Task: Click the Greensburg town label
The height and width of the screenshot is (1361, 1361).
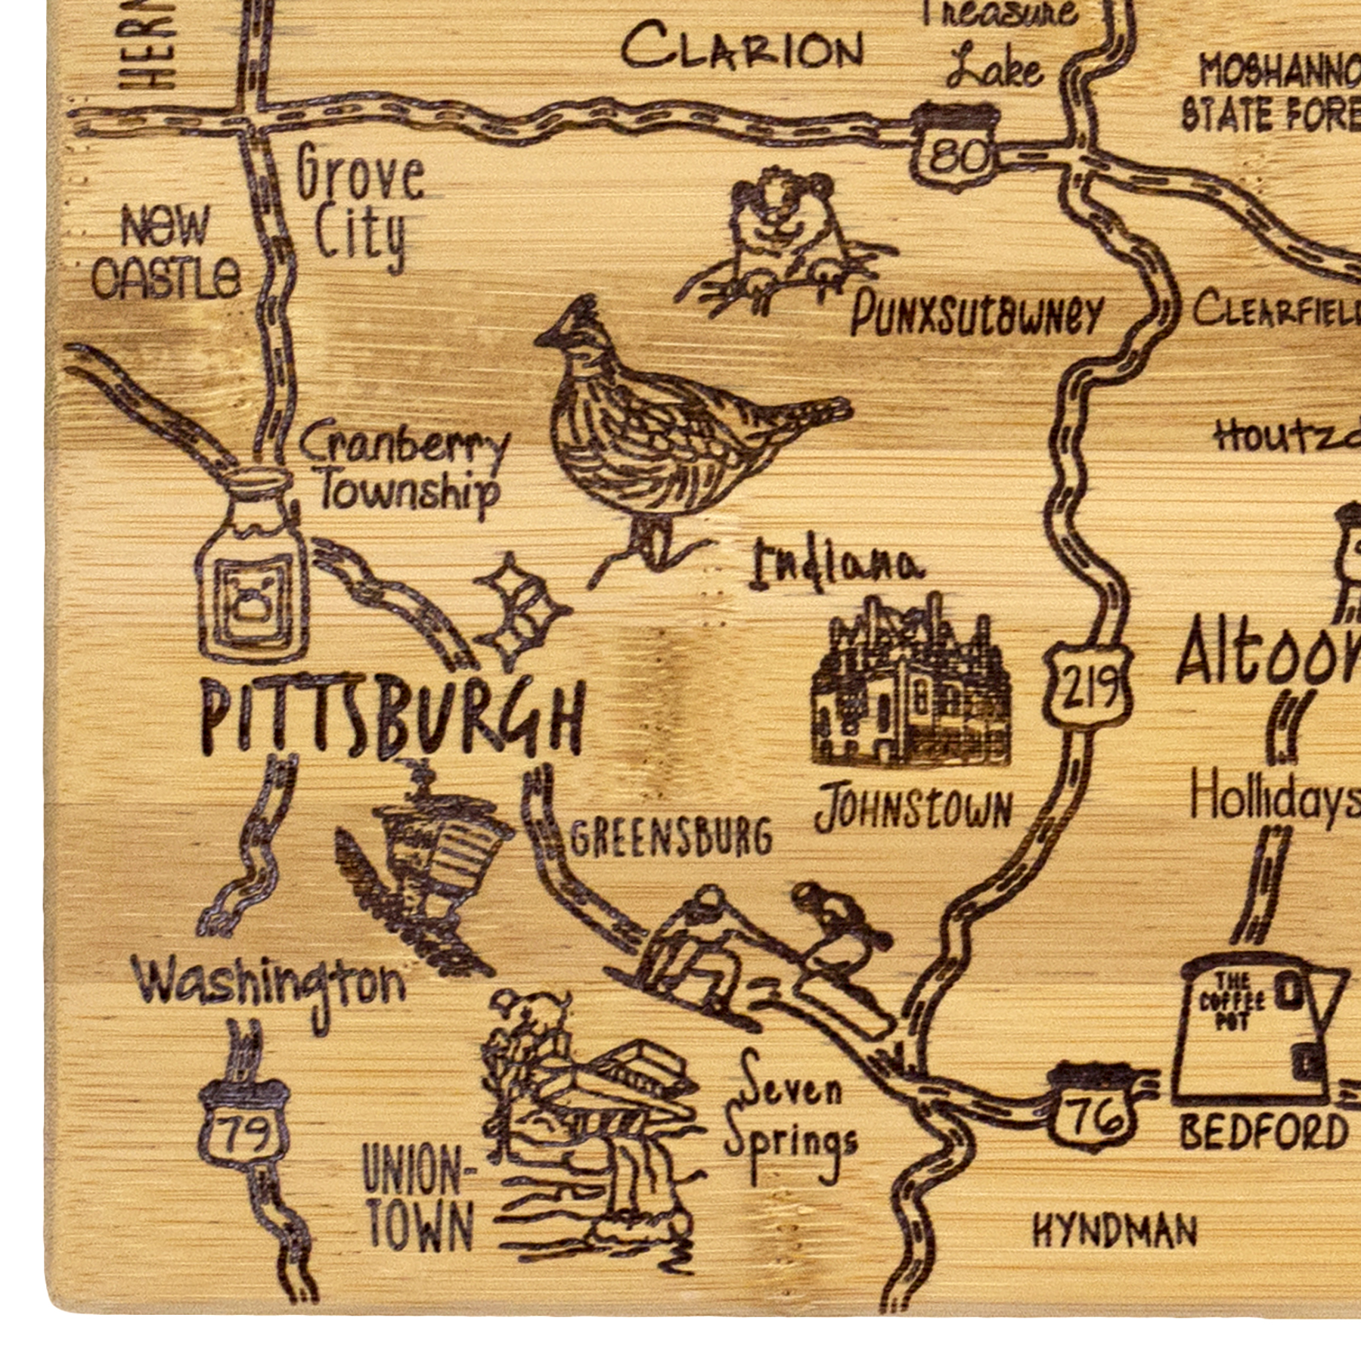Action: coord(671,838)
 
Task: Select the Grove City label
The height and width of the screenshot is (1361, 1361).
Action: coord(359,204)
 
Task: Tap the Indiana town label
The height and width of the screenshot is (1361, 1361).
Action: coord(836,567)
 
